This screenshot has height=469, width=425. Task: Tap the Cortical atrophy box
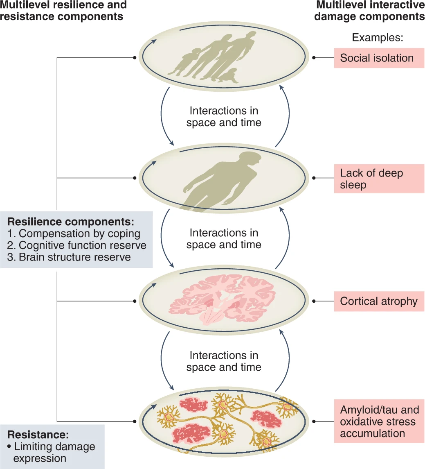(379, 301)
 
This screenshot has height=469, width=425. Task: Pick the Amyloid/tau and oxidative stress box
(379, 421)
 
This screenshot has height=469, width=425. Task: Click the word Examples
(378, 38)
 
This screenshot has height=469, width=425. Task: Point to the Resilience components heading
(71, 222)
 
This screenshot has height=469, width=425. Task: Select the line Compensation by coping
(74, 234)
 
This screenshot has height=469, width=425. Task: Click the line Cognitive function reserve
(77, 245)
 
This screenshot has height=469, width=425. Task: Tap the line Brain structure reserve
(69, 257)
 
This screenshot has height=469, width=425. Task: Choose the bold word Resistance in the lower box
(38, 435)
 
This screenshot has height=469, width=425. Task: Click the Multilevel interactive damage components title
(371, 11)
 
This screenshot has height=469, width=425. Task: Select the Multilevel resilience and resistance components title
(63, 11)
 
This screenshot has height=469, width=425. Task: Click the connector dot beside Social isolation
(313, 58)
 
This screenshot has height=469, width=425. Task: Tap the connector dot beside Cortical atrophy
(313, 301)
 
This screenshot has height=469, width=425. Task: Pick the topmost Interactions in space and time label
(223, 117)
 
